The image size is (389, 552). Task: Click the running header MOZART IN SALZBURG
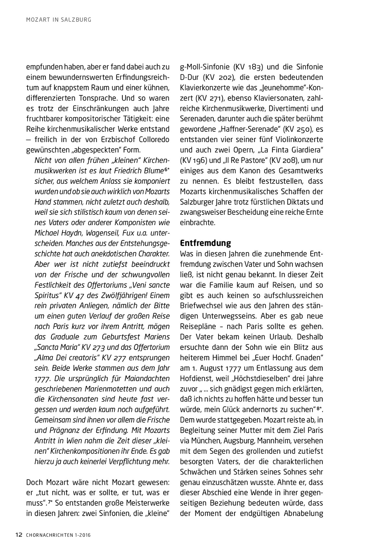coord(59,20)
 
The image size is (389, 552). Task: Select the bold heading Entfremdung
coord(205,243)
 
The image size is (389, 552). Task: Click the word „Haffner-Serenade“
coord(249,129)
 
